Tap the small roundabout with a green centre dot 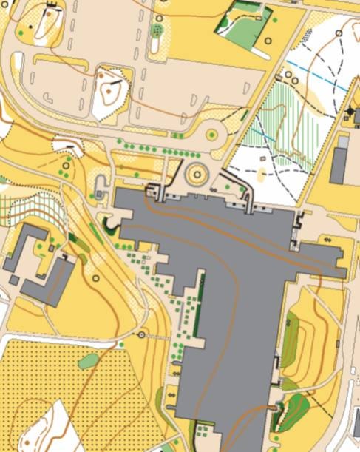coord(213,135)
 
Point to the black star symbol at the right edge coord(350,111)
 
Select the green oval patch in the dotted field coord(88,361)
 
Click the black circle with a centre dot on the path coord(142,335)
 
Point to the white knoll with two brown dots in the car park coord(110,92)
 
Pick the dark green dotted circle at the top coord(157,30)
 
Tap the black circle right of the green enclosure coord(268,41)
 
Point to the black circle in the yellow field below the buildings coord(96,278)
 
